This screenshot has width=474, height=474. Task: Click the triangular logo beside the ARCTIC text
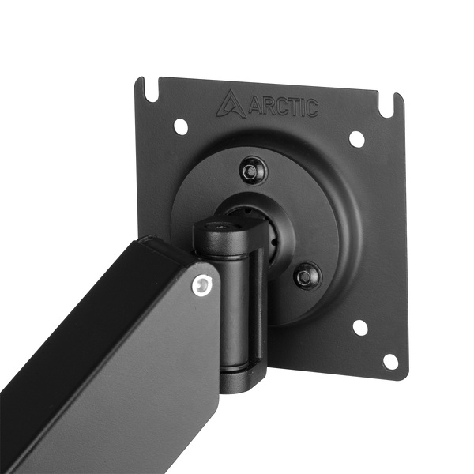[x=231, y=103]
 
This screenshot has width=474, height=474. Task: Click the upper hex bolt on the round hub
[x=253, y=169]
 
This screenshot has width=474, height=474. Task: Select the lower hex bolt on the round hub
[x=307, y=276]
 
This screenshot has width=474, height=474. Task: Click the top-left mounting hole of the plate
[x=180, y=126]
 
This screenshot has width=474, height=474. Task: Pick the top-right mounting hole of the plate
[x=357, y=139]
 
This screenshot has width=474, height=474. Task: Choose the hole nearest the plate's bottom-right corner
[x=389, y=361]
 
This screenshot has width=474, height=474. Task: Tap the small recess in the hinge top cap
[x=221, y=227]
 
